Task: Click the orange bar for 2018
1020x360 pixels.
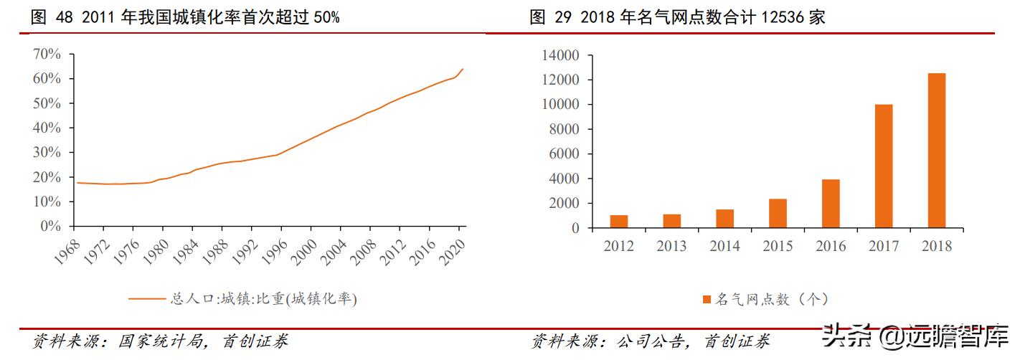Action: pyautogui.click(x=936, y=151)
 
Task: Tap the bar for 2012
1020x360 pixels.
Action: pyautogui.click(x=619, y=221)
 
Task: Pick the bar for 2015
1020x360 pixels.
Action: pyautogui.click(x=778, y=213)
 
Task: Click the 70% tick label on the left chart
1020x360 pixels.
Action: pyautogui.click(x=47, y=55)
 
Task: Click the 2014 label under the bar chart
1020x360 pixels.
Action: pyautogui.click(x=724, y=246)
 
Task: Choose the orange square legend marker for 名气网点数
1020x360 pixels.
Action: pyautogui.click(x=706, y=299)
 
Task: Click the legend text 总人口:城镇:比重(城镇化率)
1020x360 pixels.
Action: pyautogui.click(x=263, y=298)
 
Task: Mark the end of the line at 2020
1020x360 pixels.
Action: pyautogui.click(x=463, y=70)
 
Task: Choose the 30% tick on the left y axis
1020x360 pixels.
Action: pyautogui.click(x=47, y=153)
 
